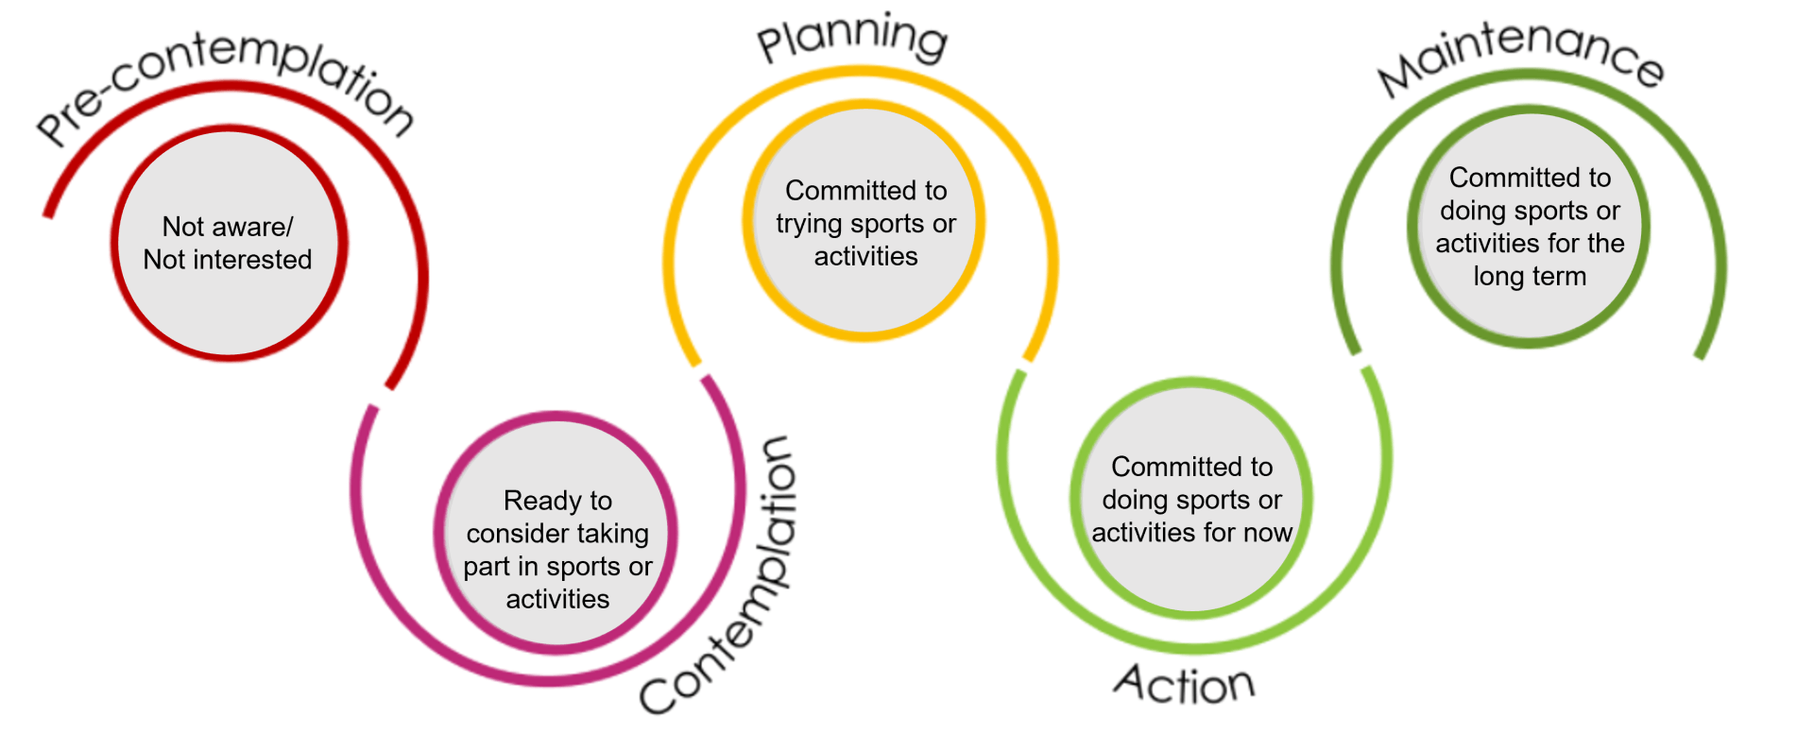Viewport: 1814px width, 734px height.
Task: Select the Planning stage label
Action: click(853, 40)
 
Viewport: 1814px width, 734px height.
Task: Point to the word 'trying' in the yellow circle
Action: click(811, 225)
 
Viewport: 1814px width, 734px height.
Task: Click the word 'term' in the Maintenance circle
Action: click(1558, 277)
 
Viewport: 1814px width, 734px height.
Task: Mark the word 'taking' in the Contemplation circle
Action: click(613, 535)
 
